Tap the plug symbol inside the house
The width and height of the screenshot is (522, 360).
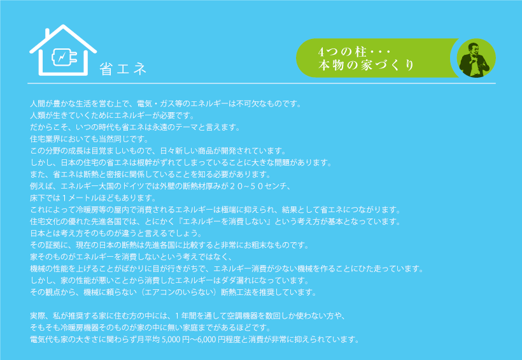(x=64, y=57)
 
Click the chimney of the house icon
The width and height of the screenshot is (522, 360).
(x=47, y=33)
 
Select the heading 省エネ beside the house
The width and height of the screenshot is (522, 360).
(x=123, y=69)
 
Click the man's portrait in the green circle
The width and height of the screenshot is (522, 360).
(x=476, y=59)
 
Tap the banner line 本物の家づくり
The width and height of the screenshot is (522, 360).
(x=366, y=65)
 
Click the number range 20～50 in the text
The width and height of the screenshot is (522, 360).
(x=247, y=186)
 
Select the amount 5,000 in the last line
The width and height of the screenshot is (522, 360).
(x=170, y=340)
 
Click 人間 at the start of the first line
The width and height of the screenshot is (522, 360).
(x=38, y=104)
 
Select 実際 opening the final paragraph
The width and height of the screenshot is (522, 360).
(x=38, y=315)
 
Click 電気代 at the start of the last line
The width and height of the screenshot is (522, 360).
(x=41, y=340)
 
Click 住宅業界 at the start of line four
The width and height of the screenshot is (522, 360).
(x=45, y=139)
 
